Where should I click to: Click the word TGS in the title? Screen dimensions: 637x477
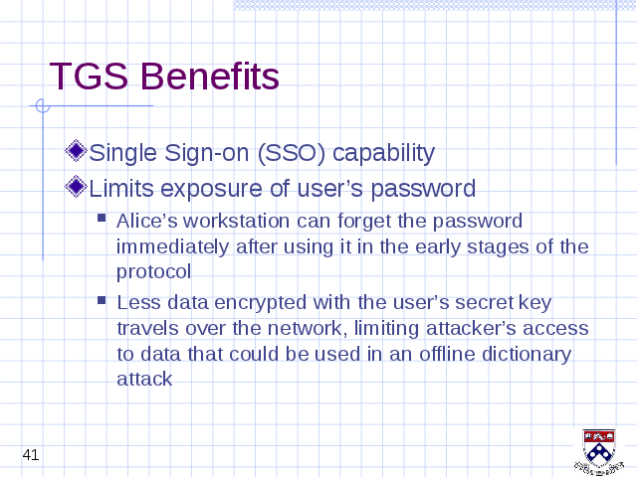pos(89,76)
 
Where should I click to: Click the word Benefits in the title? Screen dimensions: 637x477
pos(210,76)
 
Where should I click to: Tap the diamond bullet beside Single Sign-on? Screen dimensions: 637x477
pos(76,151)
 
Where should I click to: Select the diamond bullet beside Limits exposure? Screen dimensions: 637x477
pos(76,187)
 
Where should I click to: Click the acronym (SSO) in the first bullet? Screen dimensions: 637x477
pos(292,153)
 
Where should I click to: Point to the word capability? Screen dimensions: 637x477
pos(384,154)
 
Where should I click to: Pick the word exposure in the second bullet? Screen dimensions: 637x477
pos(212,190)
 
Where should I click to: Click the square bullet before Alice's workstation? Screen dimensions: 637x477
pos(102,219)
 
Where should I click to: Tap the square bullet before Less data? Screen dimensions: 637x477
pos(102,300)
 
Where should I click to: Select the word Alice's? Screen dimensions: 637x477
pos(147,221)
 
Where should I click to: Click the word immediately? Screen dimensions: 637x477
pos(172,247)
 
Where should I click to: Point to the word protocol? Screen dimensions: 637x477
pos(153,272)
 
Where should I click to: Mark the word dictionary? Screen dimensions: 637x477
pos(527,355)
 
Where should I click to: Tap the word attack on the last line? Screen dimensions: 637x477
pos(144,379)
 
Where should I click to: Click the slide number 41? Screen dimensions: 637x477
pos(31,455)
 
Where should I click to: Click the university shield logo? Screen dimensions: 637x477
pos(599,452)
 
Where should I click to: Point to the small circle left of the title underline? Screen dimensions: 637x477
pos(42,106)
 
